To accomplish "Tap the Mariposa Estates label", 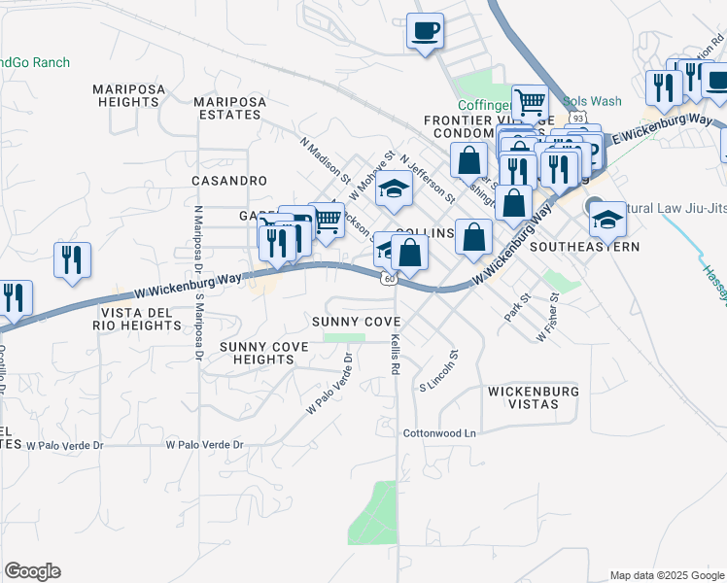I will tap(227, 107).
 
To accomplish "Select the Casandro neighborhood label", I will tap(228, 181).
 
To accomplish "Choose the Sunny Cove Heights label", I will tap(257, 353).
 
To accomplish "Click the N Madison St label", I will tap(325, 160).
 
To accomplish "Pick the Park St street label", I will tap(515, 308).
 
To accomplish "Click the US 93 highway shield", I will tap(578, 118).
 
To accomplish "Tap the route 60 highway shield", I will tap(388, 279).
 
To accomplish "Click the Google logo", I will tap(32, 571).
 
